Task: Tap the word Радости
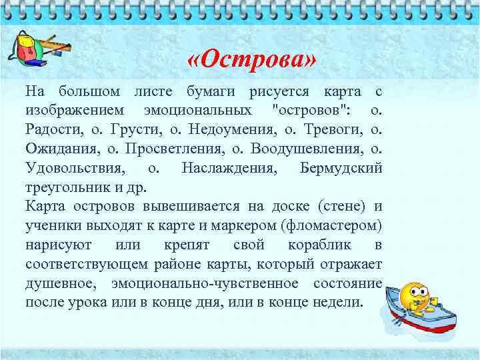click(53, 128)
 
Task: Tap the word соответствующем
click(88, 263)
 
